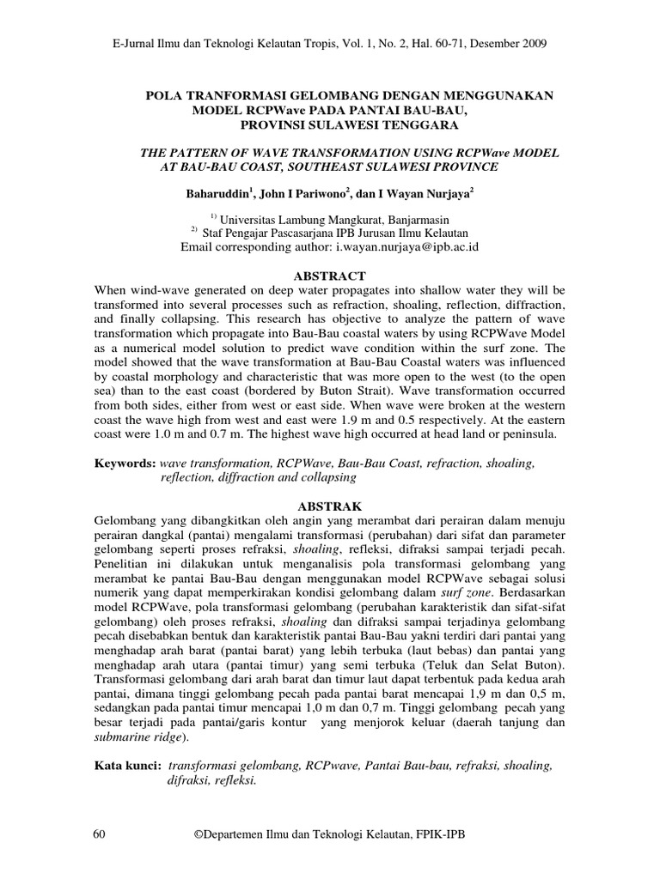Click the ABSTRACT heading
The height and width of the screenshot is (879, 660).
click(x=330, y=276)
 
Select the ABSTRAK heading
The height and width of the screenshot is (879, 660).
click(x=330, y=506)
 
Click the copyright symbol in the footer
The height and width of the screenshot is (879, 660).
click(x=201, y=834)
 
